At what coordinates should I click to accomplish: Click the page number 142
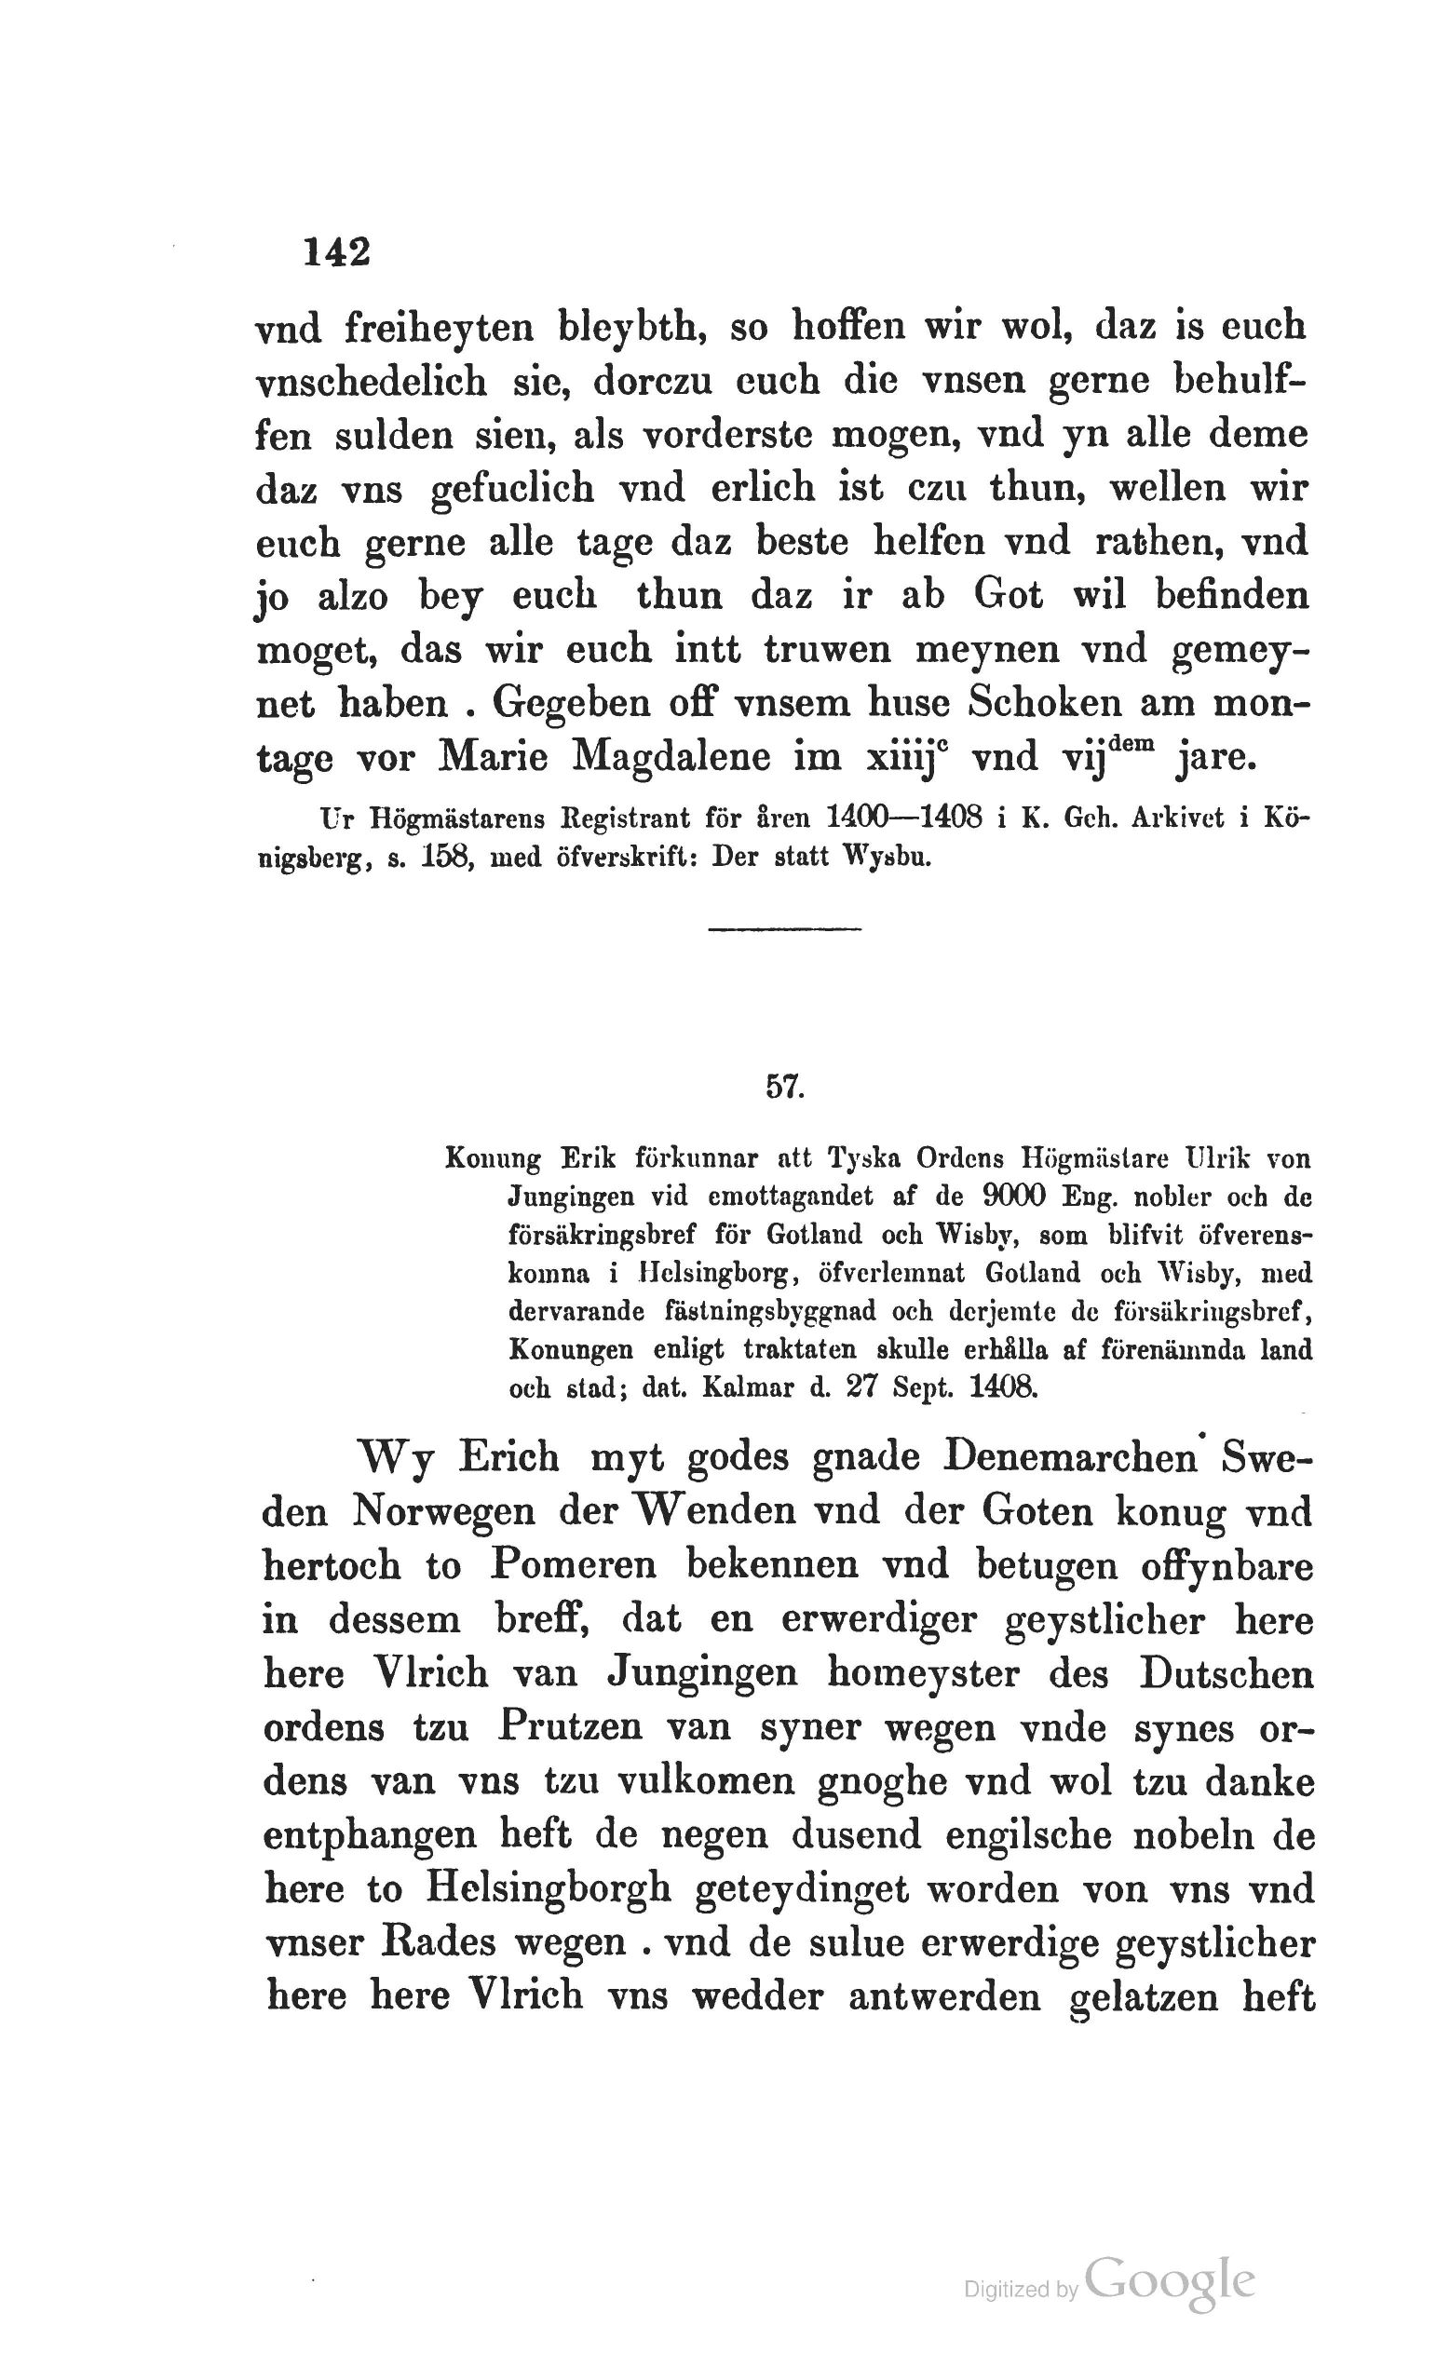pyautogui.click(x=336, y=253)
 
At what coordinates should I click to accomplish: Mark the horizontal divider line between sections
pyautogui.click(x=784, y=928)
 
